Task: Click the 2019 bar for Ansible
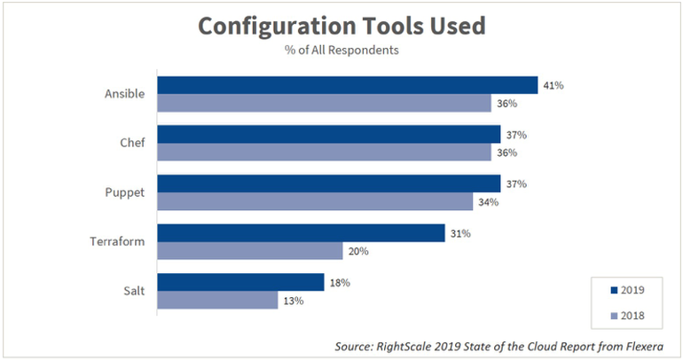pyautogui.click(x=348, y=85)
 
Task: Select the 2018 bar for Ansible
pyautogui.click(x=324, y=103)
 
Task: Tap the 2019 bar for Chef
pyautogui.click(x=329, y=134)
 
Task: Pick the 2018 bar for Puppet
pyautogui.click(x=315, y=201)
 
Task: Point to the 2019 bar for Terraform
pyautogui.click(x=301, y=232)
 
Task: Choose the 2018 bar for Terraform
pyautogui.click(x=250, y=251)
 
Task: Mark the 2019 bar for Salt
pyautogui.click(x=240, y=282)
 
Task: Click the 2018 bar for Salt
pyautogui.click(x=217, y=301)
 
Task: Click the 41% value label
pyautogui.click(x=553, y=85)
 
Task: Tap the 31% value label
pyautogui.click(x=459, y=233)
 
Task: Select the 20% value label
pyautogui.click(x=358, y=251)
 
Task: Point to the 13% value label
pyautogui.click(x=294, y=301)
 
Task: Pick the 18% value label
pyautogui.click(x=340, y=282)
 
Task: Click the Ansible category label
pyautogui.click(x=126, y=93)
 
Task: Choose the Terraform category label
pyautogui.click(x=118, y=241)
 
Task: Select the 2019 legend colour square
pyautogui.click(x=615, y=291)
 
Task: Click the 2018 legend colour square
pyautogui.click(x=615, y=313)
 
